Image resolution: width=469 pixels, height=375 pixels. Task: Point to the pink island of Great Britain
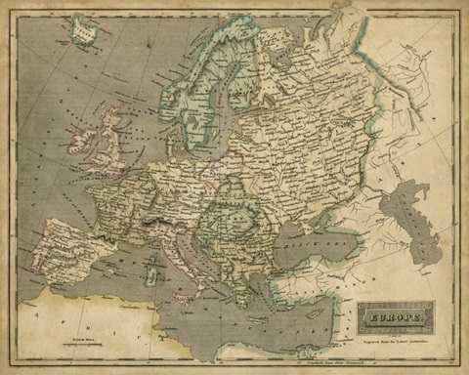coord(109,142)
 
